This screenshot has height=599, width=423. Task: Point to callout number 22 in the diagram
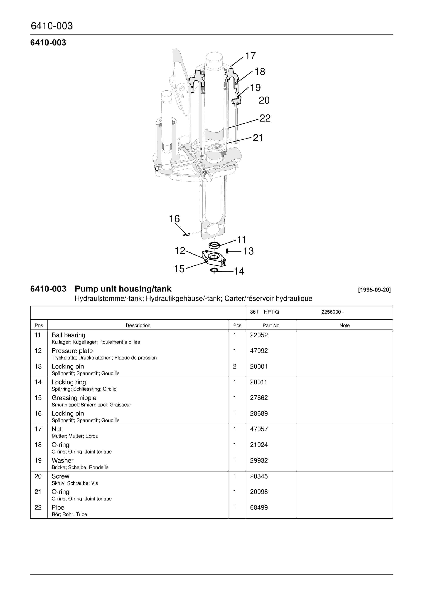pos(265,118)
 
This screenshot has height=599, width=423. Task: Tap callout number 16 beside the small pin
pos(174,219)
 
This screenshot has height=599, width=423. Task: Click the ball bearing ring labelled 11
pos(214,245)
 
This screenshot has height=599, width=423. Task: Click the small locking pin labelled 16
pos(186,235)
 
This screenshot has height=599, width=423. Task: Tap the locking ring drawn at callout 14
pos(214,270)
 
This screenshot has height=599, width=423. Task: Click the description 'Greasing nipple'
pos(74,398)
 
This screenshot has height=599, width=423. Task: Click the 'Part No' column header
pos(271,325)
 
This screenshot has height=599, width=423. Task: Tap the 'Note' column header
pos(344,325)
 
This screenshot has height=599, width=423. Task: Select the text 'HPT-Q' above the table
pos(271,312)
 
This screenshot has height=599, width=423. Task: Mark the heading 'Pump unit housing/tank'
pos(123,289)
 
